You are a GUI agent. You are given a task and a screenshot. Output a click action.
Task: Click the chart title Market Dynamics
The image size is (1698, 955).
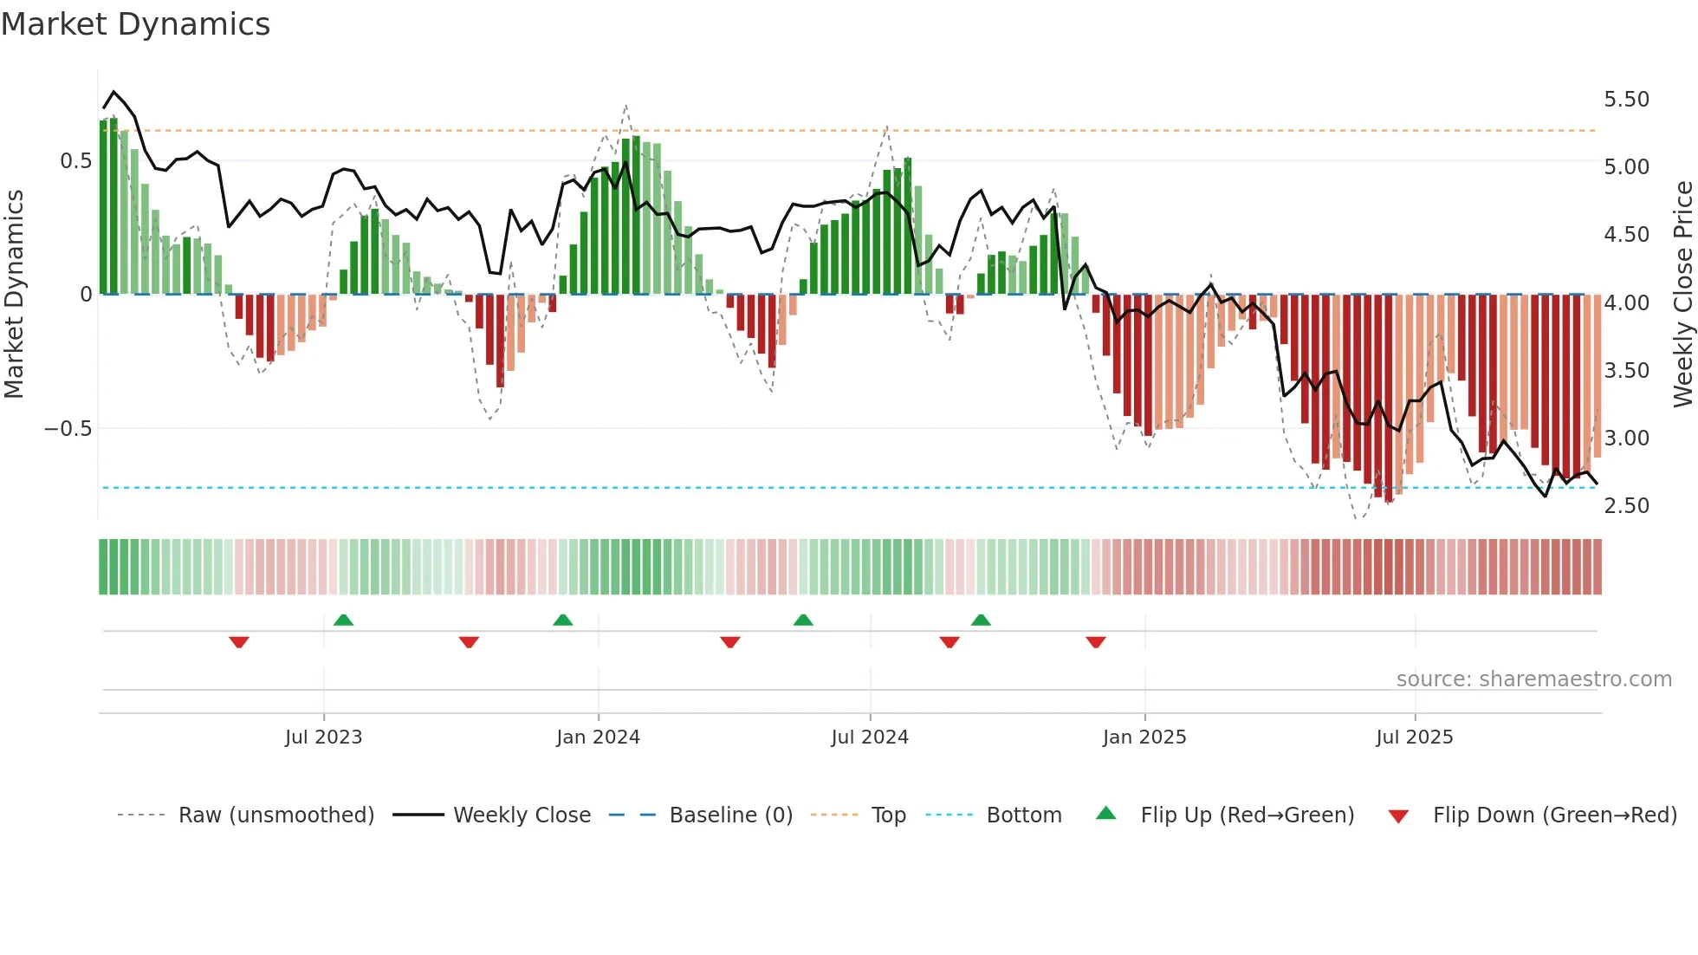[136, 24]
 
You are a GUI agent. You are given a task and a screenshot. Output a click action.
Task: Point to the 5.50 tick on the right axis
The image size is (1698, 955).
[1626, 100]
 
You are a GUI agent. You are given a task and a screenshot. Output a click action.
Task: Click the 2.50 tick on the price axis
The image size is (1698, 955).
[1626, 506]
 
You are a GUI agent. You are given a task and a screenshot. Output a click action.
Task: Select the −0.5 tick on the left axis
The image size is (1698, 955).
[68, 429]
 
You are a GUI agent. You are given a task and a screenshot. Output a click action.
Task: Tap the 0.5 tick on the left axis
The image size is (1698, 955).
[75, 161]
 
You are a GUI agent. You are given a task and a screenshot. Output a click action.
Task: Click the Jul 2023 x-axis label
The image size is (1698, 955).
[323, 737]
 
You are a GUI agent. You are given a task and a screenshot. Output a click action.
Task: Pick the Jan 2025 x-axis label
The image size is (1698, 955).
[1144, 737]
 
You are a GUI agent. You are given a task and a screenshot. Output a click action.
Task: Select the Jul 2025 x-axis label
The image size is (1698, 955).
[1414, 737]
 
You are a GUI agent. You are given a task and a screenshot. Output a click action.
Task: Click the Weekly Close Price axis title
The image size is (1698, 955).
[1682, 295]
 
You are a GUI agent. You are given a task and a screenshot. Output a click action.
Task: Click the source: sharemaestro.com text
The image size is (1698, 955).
[1533, 679]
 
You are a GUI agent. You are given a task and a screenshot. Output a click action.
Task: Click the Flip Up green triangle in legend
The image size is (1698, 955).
[1106, 814]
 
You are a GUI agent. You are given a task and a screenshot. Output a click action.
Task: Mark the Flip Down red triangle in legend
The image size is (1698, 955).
[1398, 816]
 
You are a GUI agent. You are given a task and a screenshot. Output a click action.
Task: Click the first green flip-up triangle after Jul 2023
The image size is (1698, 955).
[343, 620]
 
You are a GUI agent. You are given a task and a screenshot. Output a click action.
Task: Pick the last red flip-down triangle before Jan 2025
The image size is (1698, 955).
[1095, 642]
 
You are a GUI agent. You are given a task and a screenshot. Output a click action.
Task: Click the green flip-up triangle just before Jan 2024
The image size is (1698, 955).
[563, 620]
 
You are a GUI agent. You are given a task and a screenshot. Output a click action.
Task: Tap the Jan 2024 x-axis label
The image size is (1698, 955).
[598, 737]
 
